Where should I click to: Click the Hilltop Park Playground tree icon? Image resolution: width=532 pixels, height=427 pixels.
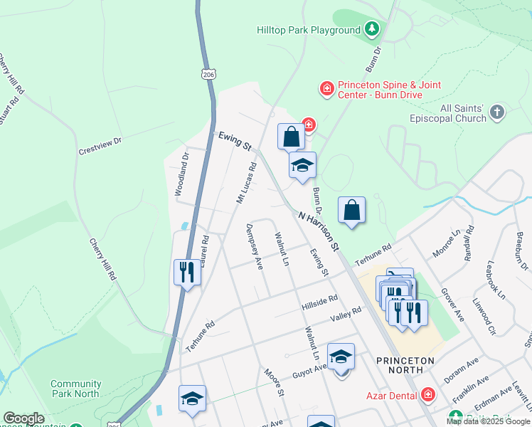click(x=371, y=29)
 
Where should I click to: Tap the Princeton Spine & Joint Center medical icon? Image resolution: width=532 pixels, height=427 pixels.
click(x=326, y=89)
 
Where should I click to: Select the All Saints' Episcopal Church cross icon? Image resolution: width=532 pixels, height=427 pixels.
click(x=497, y=112)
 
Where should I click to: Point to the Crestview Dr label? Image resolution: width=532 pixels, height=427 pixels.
click(x=100, y=147)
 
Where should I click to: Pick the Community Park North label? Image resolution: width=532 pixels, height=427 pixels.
click(x=75, y=389)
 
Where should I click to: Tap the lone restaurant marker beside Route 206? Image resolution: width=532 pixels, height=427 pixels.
click(x=186, y=273)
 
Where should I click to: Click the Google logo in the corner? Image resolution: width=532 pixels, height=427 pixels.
click(x=23, y=418)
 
